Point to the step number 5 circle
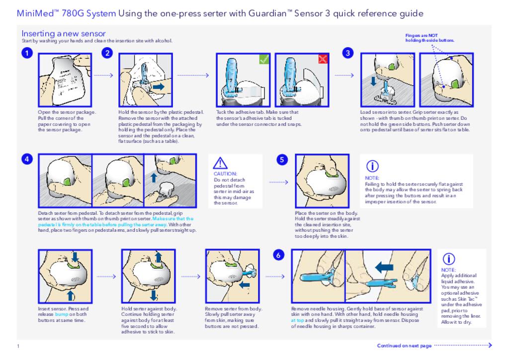click(282, 159)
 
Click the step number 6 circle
click(279, 255)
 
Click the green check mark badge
click(264, 59)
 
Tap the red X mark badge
click(323, 59)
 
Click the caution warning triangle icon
click(220, 163)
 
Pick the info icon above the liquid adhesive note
click(448, 259)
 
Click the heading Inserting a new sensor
click(63, 33)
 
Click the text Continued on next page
click(404, 346)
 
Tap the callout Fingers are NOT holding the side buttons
click(430, 38)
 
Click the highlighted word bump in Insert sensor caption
click(61, 314)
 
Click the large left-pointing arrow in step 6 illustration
click(384, 268)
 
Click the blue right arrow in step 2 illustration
click(158, 87)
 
